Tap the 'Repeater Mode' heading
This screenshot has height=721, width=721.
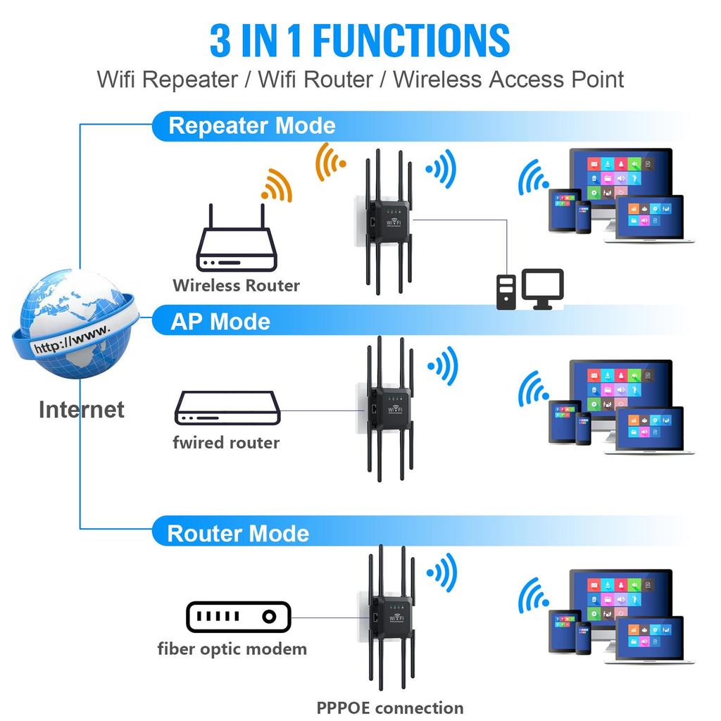251,126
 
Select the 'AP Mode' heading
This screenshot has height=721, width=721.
220,322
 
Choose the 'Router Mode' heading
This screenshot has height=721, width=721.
238,533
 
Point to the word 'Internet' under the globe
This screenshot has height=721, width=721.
81,410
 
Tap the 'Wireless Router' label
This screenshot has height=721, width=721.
236,285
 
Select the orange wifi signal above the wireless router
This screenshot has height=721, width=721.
276,185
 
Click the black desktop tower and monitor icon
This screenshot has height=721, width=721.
529,289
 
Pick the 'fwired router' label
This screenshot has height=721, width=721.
226,443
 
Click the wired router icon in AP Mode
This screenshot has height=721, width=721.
227,408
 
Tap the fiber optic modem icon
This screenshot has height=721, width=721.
238,617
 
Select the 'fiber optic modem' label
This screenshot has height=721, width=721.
232,648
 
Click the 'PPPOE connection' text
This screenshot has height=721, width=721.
389,708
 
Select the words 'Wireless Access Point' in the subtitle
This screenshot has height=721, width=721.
508,79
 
